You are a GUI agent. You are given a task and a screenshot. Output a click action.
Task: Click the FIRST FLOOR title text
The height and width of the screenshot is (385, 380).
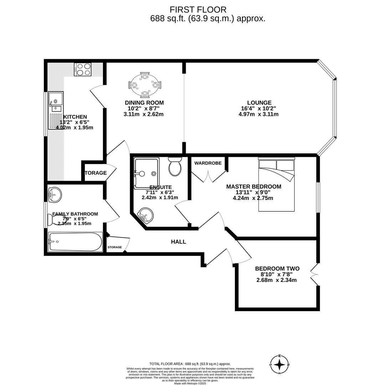(x=198, y=10)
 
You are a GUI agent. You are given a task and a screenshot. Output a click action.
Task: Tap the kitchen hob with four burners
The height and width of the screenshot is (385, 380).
(x=83, y=69)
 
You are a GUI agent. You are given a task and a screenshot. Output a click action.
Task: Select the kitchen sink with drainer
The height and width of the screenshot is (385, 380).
(x=56, y=110)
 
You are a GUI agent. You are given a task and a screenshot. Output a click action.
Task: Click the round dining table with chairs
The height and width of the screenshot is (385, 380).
(x=145, y=85)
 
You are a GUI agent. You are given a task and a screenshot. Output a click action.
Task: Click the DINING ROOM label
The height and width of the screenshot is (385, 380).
(x=144, y=103)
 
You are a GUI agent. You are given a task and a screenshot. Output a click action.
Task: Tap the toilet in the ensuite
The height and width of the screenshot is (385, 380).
(x=175, y=166)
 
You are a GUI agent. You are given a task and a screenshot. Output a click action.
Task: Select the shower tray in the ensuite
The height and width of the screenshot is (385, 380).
(x=147, y=173)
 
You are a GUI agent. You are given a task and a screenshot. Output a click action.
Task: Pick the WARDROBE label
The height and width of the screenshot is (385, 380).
(x=208, y=163)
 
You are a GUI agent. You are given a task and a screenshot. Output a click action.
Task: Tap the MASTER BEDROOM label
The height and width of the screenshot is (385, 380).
(x=253, y=186)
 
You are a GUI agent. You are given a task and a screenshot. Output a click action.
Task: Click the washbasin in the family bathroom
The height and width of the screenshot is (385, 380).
(x=55, y=195)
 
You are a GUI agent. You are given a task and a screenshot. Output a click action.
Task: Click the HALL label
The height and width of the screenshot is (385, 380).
(x=178, y=242)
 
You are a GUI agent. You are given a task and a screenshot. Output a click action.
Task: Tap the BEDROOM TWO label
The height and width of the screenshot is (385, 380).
(x=277, y=268)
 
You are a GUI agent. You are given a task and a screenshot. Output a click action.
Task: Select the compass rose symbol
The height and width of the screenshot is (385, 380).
(x=279, y=364)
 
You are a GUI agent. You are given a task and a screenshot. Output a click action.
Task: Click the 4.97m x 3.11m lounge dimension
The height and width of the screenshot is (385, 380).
(x=258, y=114)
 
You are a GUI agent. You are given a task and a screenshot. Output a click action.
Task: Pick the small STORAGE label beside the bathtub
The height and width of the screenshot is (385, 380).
(x=115, y=247)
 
